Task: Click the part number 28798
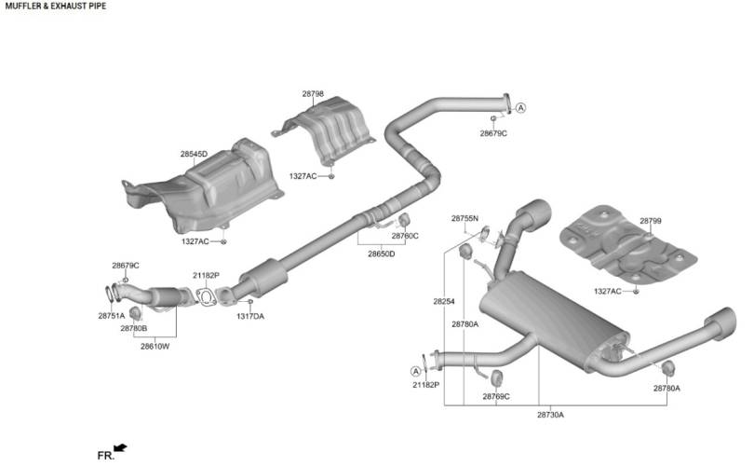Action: (313, 94)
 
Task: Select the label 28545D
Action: (194, 154)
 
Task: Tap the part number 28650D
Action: (382, 254)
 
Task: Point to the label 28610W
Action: (155, 346)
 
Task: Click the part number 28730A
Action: (550, 415)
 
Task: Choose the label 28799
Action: (650, 221)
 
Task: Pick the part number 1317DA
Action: (250, 316)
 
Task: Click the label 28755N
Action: (465, 218)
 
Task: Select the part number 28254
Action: (443, 301)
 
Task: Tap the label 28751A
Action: (111, 316)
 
